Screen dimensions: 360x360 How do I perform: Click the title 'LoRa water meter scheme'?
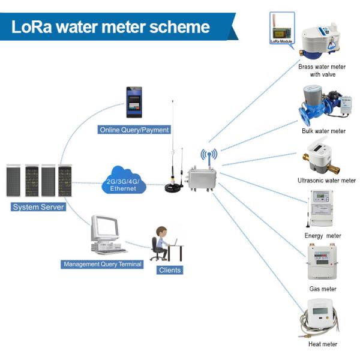click(111, 27)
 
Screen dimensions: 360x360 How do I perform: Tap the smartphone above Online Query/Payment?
click(134, 103)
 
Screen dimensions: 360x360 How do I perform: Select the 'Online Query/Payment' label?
click(134, 130)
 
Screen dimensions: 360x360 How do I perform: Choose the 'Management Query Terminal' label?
click(103, 264)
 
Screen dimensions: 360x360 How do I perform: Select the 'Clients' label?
click(170, 270)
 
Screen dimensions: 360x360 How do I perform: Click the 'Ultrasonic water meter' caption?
click(326, 181)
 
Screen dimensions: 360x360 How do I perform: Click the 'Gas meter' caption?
click(322, 289)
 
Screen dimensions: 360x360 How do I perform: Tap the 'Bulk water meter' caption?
click(323, 131)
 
